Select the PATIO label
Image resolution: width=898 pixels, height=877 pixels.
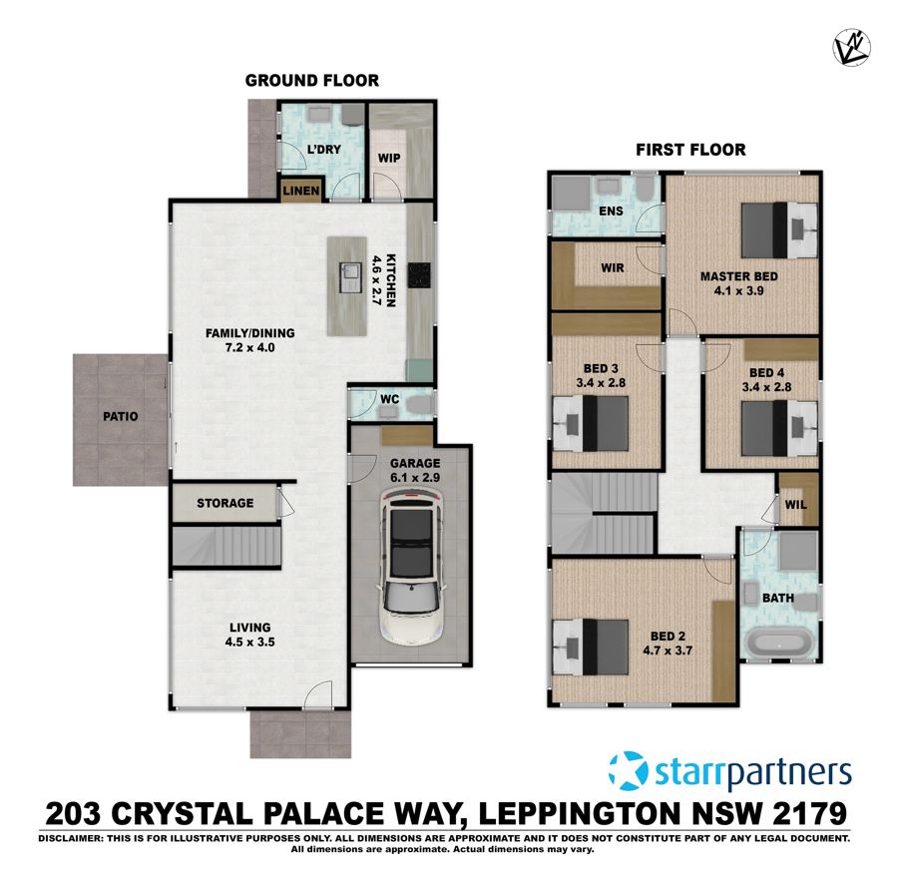(x=119, y=417)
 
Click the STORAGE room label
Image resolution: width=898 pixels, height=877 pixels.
(x=224, y=503)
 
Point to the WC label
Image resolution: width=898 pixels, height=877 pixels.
(x=390, y=400)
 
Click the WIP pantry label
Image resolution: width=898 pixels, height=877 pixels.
(x=388, y=158)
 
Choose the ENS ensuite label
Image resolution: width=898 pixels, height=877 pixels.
(x=611, y=212)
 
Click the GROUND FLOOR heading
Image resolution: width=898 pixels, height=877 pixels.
(x=312, y=80)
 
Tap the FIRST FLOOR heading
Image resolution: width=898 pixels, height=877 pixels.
(x=690, y=151)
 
